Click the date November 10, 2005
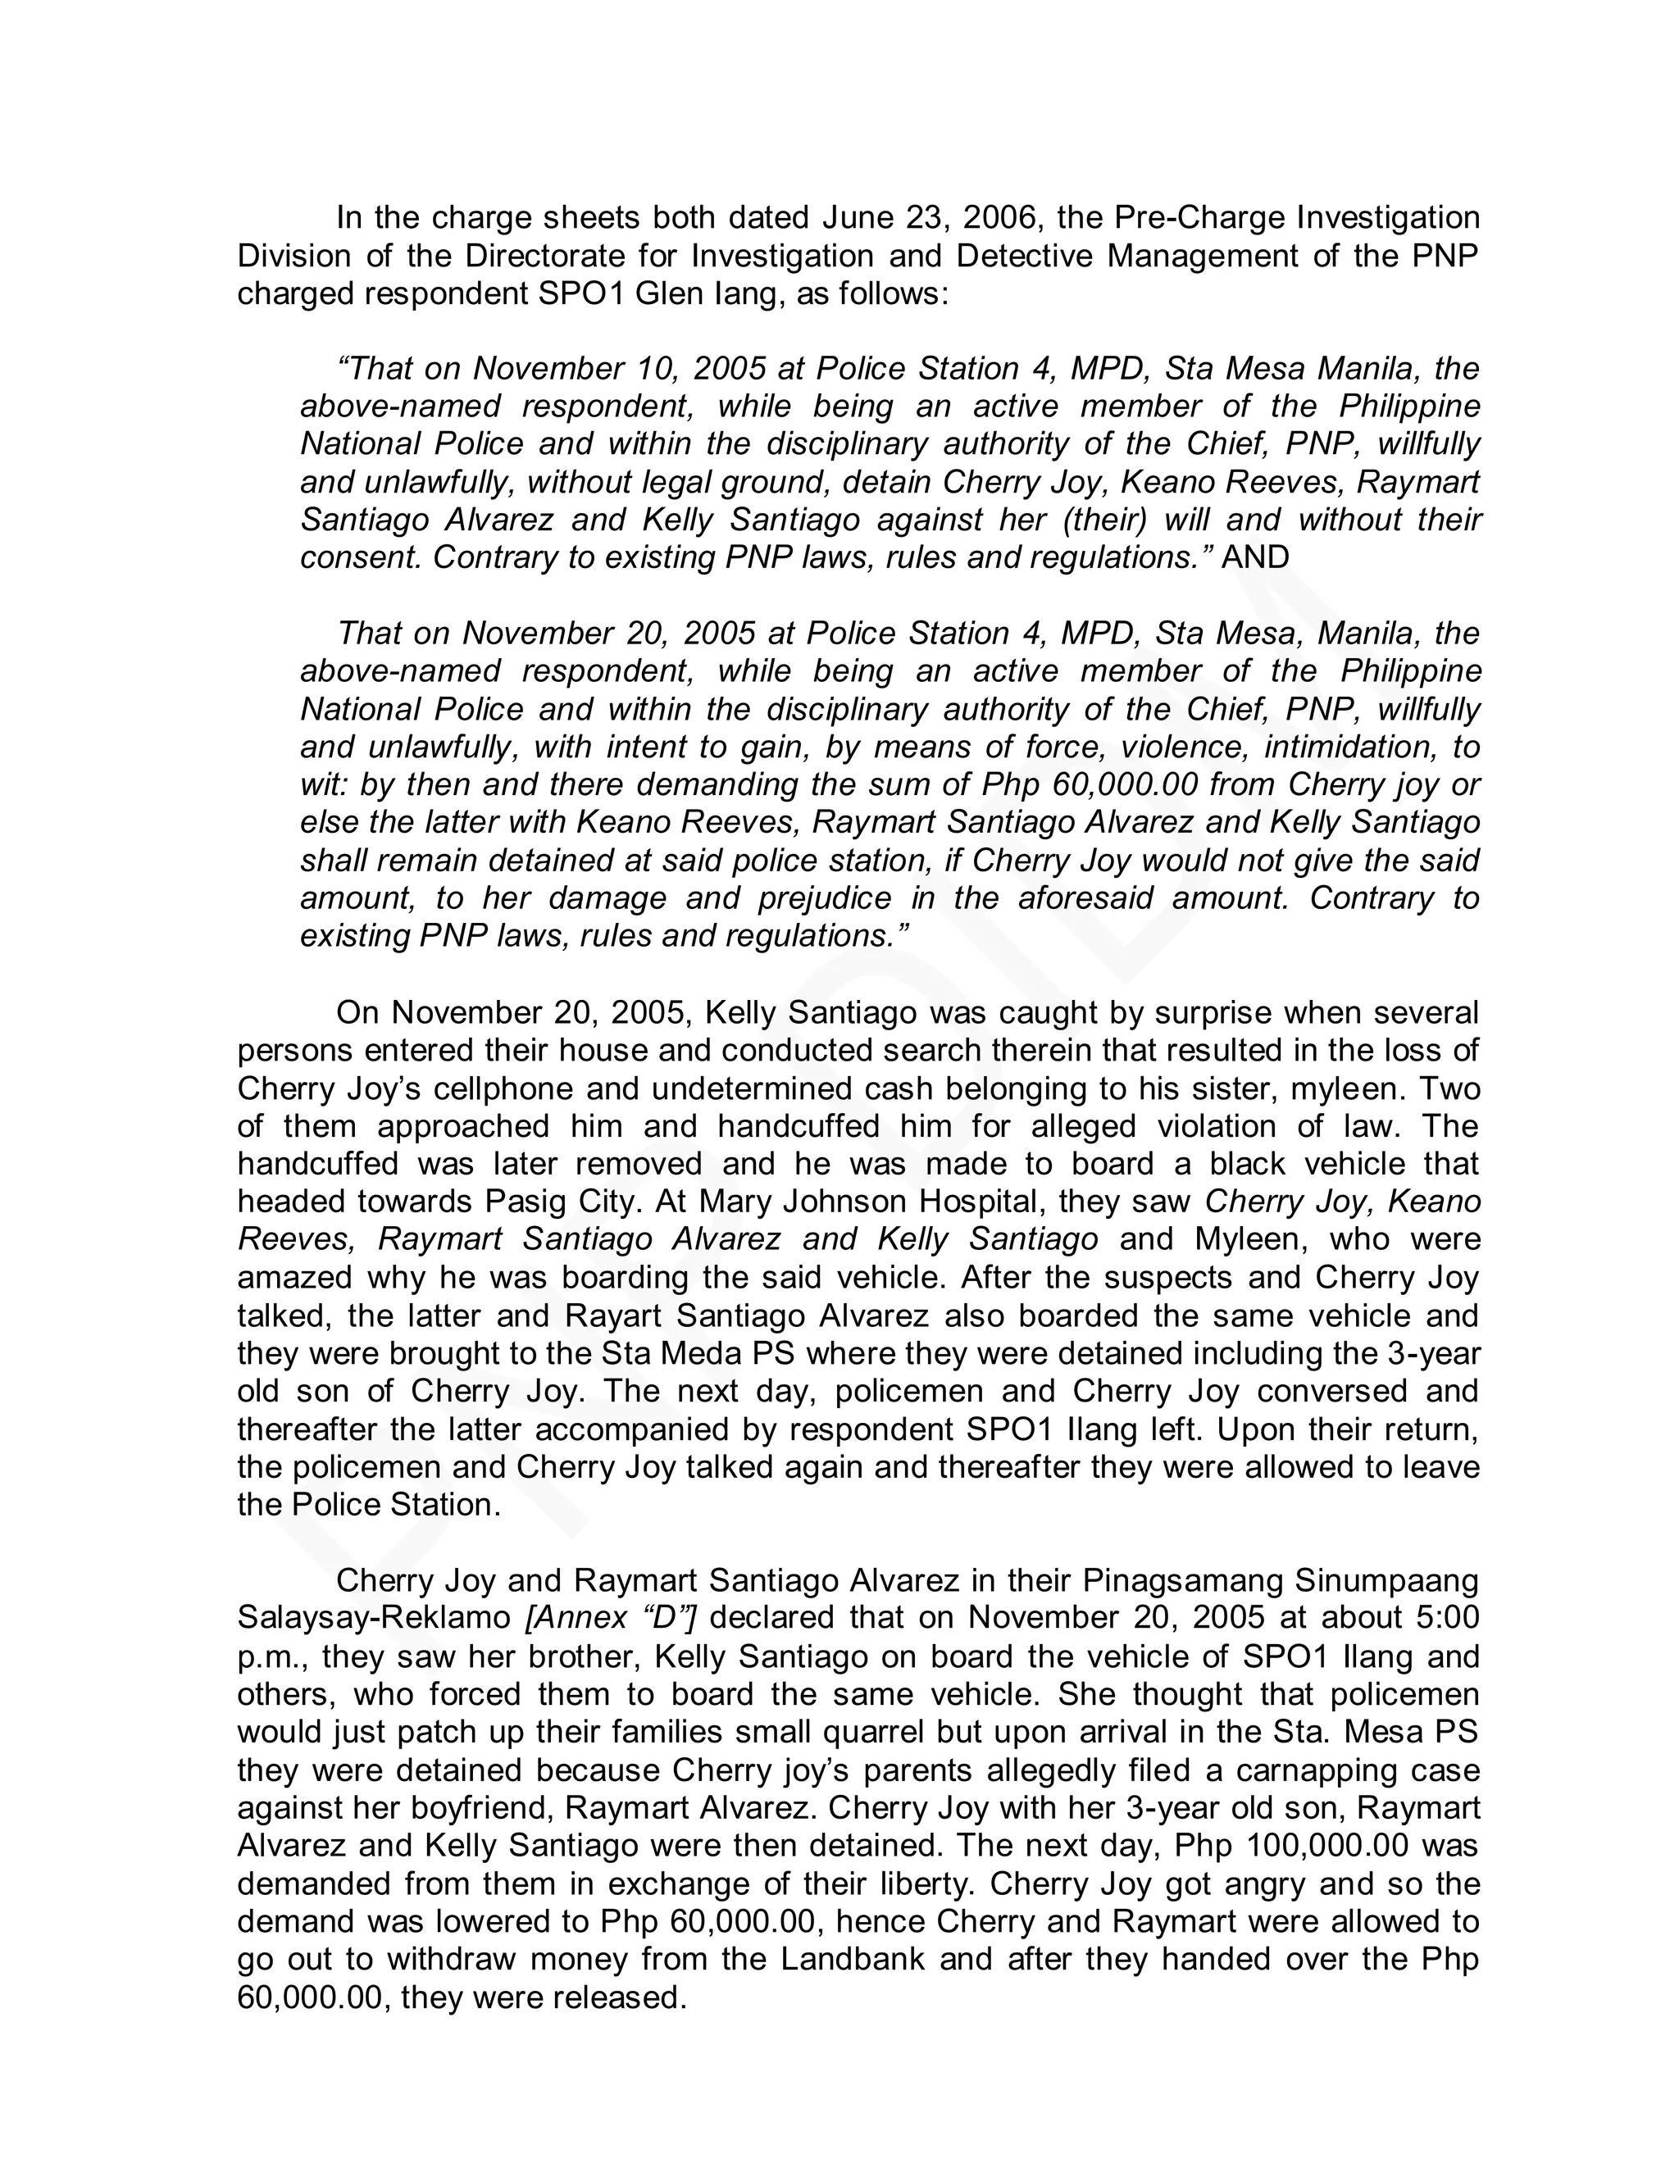click(619, 368)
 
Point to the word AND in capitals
click(1255, 557)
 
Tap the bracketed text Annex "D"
click(609, 1617)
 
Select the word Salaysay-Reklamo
click(374, 1617)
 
